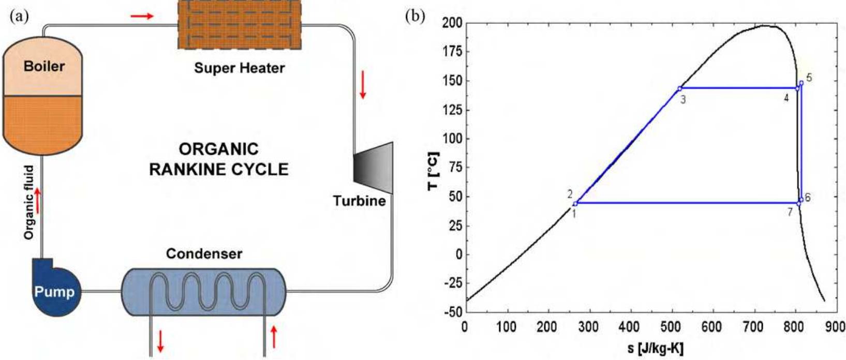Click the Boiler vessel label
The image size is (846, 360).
(44, 66)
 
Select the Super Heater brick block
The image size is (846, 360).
(239, 24)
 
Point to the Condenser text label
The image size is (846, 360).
(204, 254)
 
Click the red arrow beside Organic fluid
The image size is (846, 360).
(37, 198)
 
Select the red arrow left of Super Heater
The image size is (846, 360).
(142, 17)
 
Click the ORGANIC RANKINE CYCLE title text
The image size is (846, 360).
(218, 159)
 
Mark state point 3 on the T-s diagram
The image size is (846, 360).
(679, 88)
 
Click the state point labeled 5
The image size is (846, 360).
(801, 83)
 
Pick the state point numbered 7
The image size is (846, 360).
(798, 203)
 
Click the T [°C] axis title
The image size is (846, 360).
(434, 171)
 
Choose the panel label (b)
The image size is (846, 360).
(414, 17)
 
